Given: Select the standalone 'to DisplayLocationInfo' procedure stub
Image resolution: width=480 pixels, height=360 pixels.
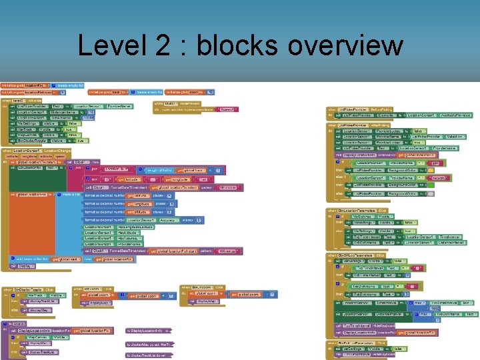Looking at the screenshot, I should click(149, 330).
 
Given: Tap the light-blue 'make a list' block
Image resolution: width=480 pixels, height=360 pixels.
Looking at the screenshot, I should click(71, 194).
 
